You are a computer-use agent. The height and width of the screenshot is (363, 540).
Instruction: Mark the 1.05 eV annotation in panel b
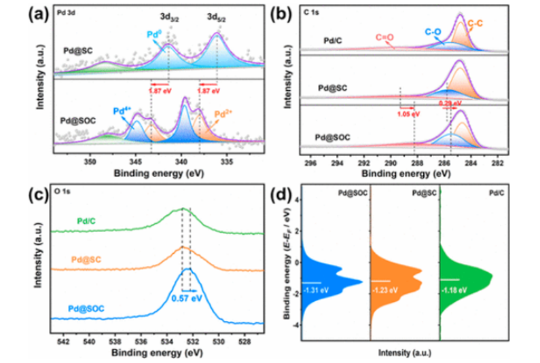click(x=402, y=114)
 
